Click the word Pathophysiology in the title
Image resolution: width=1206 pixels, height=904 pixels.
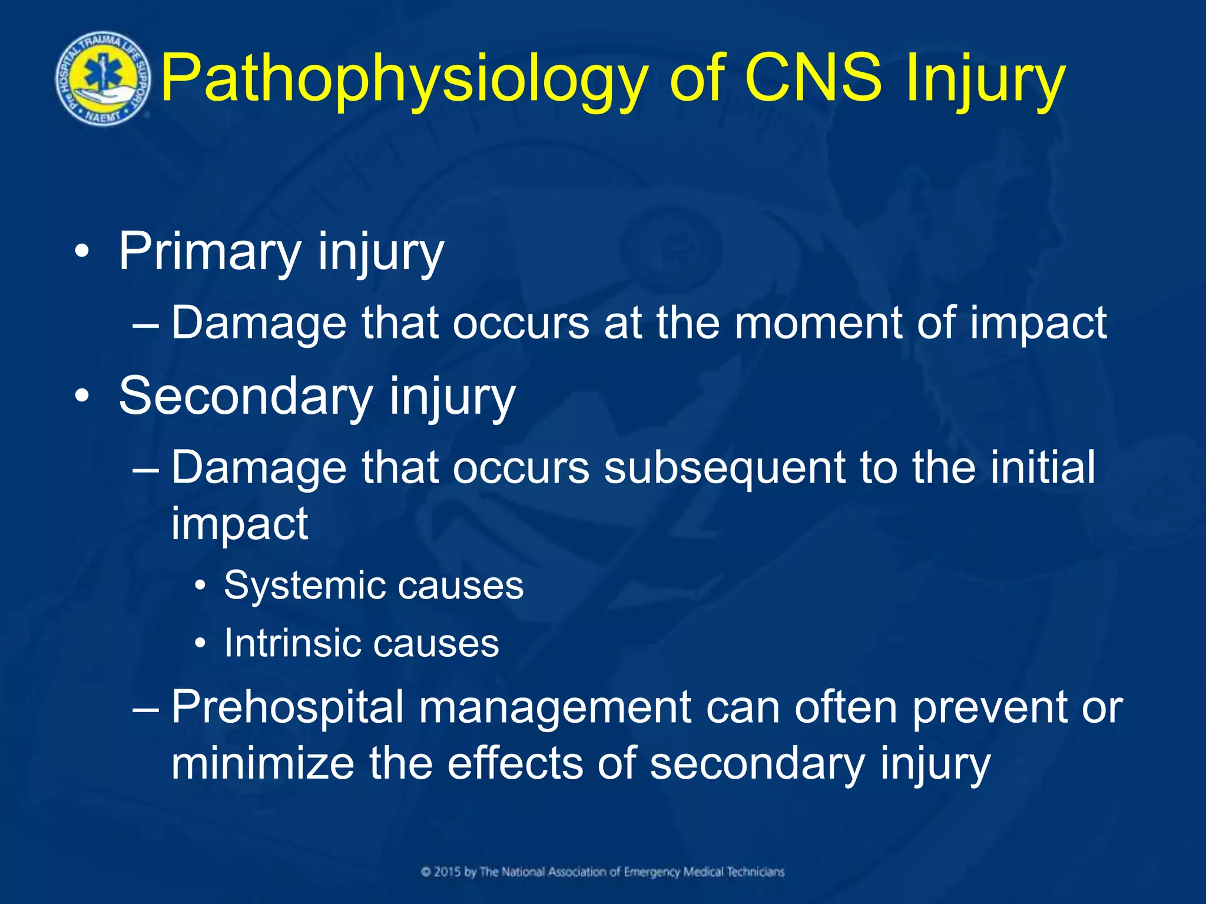(x=404, y=79)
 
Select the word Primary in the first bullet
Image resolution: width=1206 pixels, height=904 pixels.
(x=210, y=252)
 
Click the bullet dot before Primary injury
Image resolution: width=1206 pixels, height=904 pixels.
(x=82, y=252)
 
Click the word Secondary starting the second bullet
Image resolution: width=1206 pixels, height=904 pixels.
(x=244, y=396)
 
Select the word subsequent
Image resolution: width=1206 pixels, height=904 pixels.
(x=724, y=468)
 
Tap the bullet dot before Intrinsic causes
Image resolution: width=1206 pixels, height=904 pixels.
(x=201, y=644)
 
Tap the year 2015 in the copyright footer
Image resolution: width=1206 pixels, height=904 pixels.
(x=447, y=872)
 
